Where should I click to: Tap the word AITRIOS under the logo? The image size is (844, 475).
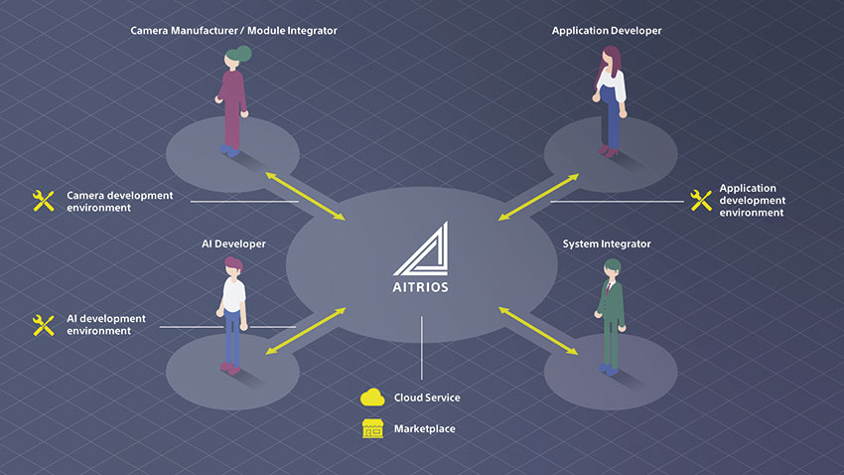420,287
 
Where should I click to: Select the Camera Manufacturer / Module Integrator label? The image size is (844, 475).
233,31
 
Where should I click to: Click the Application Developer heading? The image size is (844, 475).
607,31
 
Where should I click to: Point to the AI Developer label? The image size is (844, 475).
233,244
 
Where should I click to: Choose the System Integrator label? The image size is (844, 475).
607,244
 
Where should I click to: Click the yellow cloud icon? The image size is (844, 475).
372,397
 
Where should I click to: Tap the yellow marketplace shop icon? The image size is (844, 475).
372,428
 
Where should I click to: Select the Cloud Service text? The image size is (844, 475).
427,397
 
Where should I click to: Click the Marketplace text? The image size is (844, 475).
425,428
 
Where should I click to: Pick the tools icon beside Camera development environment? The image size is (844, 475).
43,201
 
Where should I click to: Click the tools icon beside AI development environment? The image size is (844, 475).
43,325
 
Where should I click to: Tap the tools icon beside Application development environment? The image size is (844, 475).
701,200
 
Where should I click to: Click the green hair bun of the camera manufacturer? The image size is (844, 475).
243,54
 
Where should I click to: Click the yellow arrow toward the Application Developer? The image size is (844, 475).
538,197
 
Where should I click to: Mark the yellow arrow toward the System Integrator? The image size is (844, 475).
538,331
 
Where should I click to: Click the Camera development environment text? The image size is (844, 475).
119,202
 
